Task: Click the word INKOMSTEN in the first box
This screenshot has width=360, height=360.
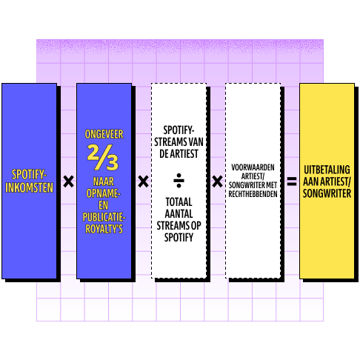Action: tap(29, 187)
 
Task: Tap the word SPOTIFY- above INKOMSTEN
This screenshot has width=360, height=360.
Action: tap(29, 175)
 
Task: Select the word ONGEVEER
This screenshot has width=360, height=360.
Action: tap(104, 134)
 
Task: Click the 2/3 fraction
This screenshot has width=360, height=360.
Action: tap(103, 157)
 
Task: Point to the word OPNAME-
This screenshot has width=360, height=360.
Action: tap(103, 193)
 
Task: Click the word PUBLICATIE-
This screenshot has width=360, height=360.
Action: tap(104, 217)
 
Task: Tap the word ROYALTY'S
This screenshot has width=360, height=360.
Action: tap(104, 229)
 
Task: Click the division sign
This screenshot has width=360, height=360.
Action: tap(179, 181)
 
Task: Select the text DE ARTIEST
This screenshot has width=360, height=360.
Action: tap(179, 153)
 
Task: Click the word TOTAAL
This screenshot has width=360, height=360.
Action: tap(179, 202)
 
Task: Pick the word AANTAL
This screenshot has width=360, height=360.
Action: tap(179, 214)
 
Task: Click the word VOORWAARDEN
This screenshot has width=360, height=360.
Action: tap(253, 167)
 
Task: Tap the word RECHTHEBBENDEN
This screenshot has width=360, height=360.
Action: tap(253, 194)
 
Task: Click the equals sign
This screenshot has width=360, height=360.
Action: tap(292, 181)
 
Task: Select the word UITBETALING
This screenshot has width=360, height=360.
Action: tap(327, 170)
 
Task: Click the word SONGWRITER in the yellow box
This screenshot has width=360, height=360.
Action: tap(327, 193)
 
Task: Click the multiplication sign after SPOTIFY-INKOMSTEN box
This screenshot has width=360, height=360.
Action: tap(68, 181)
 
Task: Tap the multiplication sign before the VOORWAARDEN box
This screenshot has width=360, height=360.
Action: tap(217, 181)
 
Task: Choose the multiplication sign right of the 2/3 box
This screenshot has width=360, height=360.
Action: tap(143, 181)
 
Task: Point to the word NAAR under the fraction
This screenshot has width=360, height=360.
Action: tap(104, 181)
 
